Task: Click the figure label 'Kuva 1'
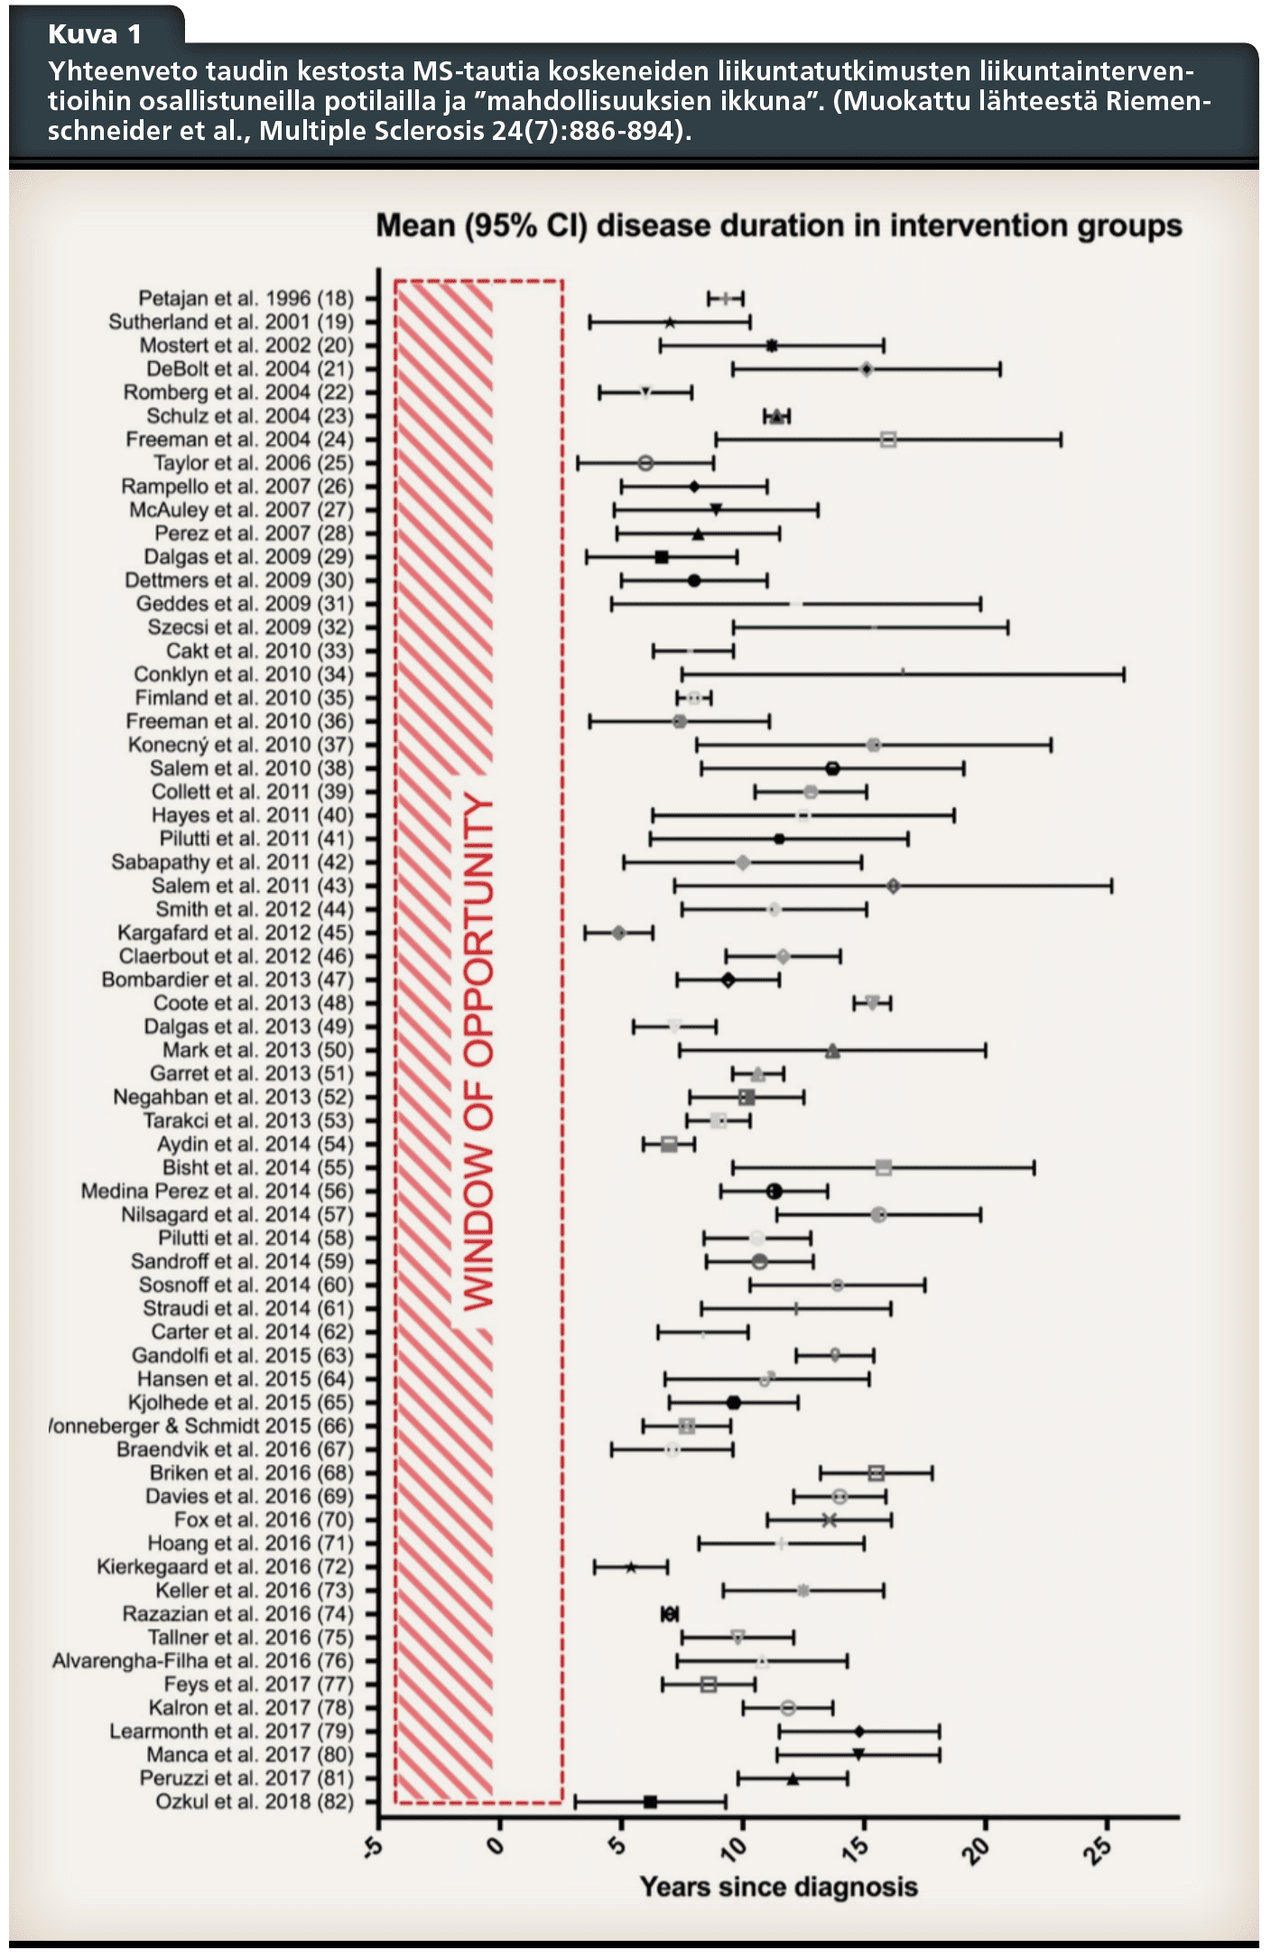(95, 34)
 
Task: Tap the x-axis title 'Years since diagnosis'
(778, 1887)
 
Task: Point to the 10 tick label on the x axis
(736, 1847)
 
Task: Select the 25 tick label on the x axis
(1099, 1847)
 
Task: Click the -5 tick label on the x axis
(373, 1847)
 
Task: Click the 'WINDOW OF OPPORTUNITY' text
(478, 1053)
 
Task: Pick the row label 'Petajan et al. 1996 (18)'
(246, 299)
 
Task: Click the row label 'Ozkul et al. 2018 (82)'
(255, 1802)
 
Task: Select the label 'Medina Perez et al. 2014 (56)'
(218, 1192)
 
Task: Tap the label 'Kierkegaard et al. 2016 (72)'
(226, 1567)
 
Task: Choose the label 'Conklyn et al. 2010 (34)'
(244, 674)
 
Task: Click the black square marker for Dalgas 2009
(662, 557)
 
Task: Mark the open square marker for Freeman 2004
(888, 440)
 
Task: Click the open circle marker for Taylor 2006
(645, 463)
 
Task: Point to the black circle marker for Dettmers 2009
(693, 580)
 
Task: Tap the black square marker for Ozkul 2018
(650, 1802)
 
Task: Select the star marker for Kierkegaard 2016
(631, 1567)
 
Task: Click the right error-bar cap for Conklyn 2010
(1124, 674)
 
